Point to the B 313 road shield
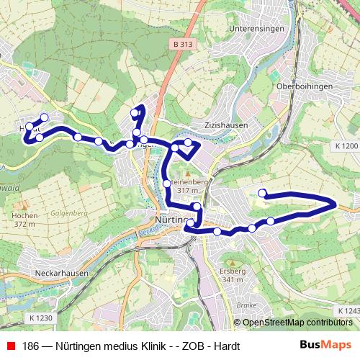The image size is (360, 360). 184,44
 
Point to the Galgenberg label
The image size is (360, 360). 70,214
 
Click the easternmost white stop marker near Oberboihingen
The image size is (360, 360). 263,192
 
